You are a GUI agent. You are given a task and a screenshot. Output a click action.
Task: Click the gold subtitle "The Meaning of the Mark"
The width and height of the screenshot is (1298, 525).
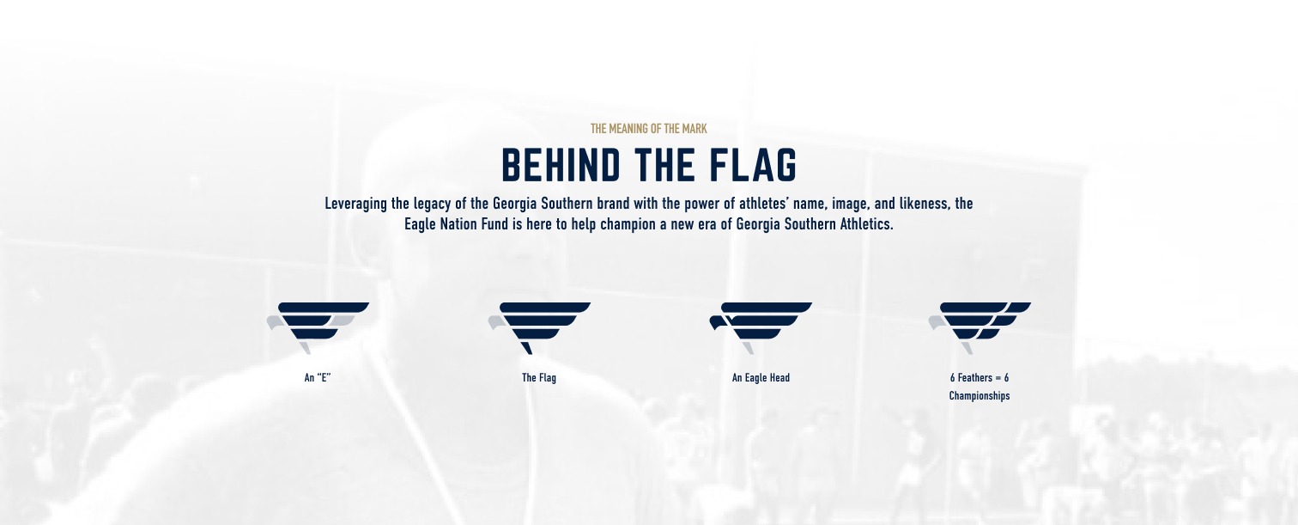pyautogui.click(x=648, y=129)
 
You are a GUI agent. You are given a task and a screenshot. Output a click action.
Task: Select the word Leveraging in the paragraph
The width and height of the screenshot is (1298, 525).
pyautogui.click(x=355, y=205)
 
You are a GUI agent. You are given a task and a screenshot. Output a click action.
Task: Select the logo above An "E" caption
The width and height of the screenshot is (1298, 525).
pyautogui.click(x=318, y=327)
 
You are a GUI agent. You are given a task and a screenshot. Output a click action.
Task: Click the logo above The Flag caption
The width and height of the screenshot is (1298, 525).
pyautogui.click(x=539, y=327)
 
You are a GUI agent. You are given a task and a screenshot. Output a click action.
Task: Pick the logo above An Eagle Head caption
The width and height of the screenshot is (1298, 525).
pyautogui.click(x=761, y=327)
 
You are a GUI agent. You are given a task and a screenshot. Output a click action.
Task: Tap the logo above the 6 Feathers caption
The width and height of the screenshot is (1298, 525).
pyautogui.click(x=980, y=327)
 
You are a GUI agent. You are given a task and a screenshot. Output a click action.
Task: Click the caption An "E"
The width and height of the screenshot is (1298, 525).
pyautogui.click(x=318, y=378)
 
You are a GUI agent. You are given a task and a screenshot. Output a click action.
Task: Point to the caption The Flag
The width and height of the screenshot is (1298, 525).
pyautogui.click(x=539, y=378)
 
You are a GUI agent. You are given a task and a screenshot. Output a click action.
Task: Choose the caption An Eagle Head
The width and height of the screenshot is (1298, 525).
pyautogui.click(x=761, y=378)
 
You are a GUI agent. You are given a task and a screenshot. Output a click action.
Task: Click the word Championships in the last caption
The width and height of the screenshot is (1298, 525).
pyautogui.click(x=980, y=396)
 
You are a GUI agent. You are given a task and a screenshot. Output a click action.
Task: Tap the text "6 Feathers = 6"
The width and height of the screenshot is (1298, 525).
pyautogui.click(x=980, y=378)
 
